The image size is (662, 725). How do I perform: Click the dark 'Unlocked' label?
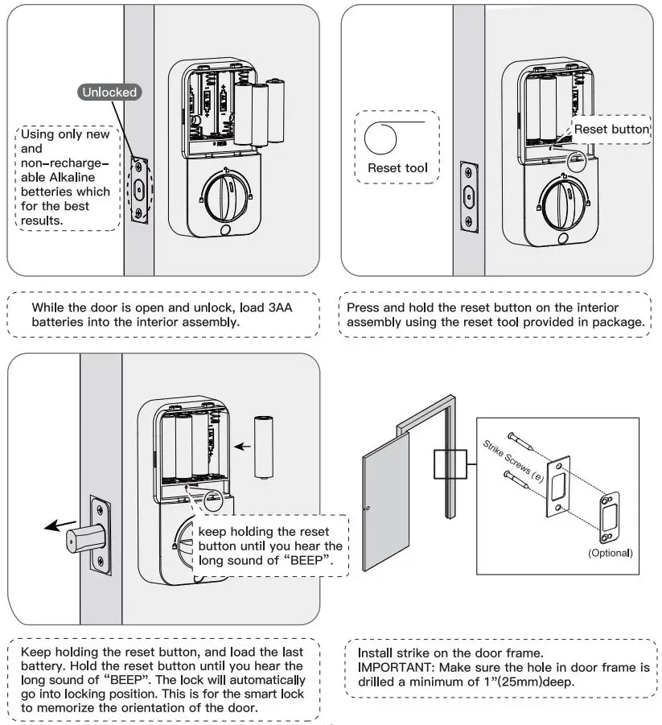point(109,92)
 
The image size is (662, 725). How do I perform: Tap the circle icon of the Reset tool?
point(380,138)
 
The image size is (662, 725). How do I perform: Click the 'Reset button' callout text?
point(611,129)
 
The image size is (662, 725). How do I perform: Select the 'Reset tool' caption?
point(397,168)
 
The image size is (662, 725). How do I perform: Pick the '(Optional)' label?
point(610,553)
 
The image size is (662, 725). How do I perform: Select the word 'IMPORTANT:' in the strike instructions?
point(389,668)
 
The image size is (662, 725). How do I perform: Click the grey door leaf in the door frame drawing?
point(384,508)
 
